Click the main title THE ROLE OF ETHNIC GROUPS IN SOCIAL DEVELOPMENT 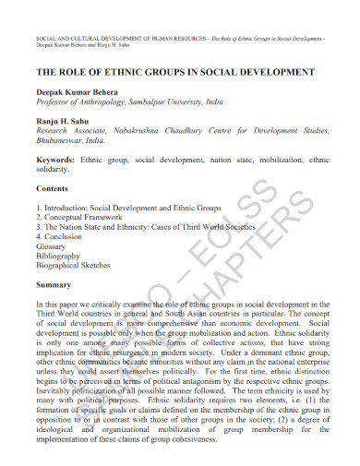pyautogui.click(x=175, y=71)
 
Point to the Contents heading pyautogui.click(x=53, y=187)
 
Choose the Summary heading pyautogui.click(x=54, y=284)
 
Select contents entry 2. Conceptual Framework pyautogui.click(x=82, y=217)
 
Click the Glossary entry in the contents pyautogui.click(x=52, y=245)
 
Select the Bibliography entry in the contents pyautogui.click(x=58, y=256)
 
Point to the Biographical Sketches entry pyautogui.click(x=73, y=265)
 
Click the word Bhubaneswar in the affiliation pyautogui.click(x=66, y=141)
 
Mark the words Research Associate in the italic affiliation pyautogui.click(x=72, y=132)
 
